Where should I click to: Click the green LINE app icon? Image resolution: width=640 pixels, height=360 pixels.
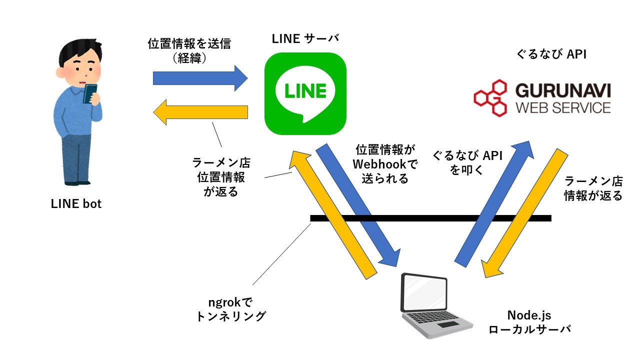305,93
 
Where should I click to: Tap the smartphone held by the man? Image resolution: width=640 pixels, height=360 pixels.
90,93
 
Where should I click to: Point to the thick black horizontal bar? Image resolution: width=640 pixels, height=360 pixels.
430,218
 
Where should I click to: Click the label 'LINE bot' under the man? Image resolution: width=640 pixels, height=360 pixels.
76,204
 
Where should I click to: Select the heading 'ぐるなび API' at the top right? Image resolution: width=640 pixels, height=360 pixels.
551,54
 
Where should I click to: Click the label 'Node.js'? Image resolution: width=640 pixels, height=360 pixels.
529,315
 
